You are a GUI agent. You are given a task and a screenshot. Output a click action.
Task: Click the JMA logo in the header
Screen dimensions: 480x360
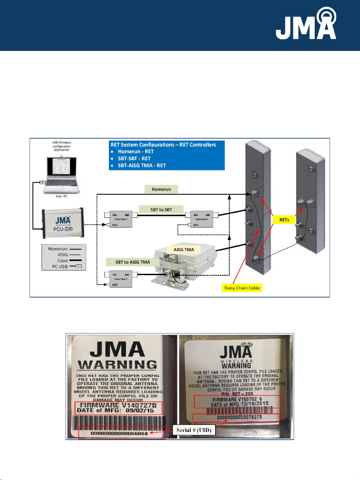point(306,25)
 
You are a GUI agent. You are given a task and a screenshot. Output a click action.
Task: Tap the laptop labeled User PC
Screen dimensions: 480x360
point(61,175)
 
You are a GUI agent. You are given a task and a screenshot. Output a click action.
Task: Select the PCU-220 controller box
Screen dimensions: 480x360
point(63,223)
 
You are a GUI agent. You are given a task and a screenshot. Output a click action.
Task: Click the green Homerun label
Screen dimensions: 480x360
point(161,189)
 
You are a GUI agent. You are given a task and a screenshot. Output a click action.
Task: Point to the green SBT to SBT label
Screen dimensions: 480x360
point(161,210)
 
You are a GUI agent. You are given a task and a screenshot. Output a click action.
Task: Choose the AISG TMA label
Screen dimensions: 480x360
point(183,249)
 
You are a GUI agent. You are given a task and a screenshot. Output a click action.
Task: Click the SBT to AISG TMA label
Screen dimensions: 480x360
point(133,262)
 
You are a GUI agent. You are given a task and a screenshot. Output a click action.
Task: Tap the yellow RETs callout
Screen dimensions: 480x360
point(284,220)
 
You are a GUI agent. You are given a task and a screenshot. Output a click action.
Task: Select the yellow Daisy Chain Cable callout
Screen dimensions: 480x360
point(242,288)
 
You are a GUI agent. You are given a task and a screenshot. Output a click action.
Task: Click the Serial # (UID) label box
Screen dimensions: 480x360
point(194,430)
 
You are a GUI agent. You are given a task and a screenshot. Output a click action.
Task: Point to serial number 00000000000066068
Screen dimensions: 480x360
point(119,433)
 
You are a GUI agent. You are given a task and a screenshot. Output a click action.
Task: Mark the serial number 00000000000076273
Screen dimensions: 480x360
point(239,417)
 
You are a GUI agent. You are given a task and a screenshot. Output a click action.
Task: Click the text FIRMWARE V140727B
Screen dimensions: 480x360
point(118,405)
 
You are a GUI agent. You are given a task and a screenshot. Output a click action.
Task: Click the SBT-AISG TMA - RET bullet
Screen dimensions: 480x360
point(142,166)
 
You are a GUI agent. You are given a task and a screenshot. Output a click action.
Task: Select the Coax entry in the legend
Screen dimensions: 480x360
point(63,260)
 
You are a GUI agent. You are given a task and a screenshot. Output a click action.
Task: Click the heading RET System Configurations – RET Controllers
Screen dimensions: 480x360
point(163,145)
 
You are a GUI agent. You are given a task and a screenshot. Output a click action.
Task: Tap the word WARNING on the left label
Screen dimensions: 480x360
point(117,365)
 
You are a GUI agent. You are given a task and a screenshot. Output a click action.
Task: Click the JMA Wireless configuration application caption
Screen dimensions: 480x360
point(62,146)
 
